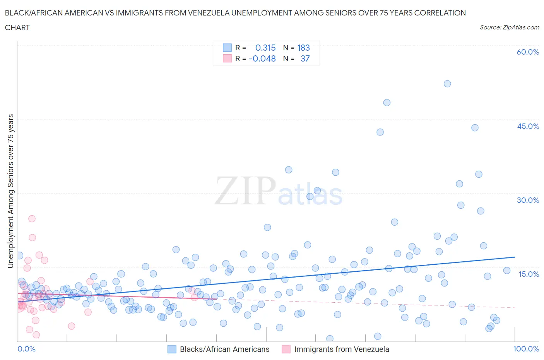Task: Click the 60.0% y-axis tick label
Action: coord(528,52)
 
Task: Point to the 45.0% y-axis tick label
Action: coord(528,126)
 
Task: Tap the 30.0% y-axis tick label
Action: coord(528,200)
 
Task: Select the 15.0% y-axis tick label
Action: coord(529,274)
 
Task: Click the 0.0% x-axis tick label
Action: coord(26,349)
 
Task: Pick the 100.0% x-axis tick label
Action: coord(526,349)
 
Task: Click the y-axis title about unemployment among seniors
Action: coord(10,191)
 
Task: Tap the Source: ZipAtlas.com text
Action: coord(509,27)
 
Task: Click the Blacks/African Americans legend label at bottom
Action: coord(224,349)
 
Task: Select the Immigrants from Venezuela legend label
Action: coord(341,349)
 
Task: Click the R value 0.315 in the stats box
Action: coord(265,48)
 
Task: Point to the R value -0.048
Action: coord(262,58)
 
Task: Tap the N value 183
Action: coord(303,48)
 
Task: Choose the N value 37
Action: coord(305,58)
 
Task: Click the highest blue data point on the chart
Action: coord(447,84)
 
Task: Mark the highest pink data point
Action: coord(32,219)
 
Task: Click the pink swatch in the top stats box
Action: coord(227,58)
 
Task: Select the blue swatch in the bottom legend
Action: coord(172,349)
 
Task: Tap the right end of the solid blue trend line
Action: coord(515,257)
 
